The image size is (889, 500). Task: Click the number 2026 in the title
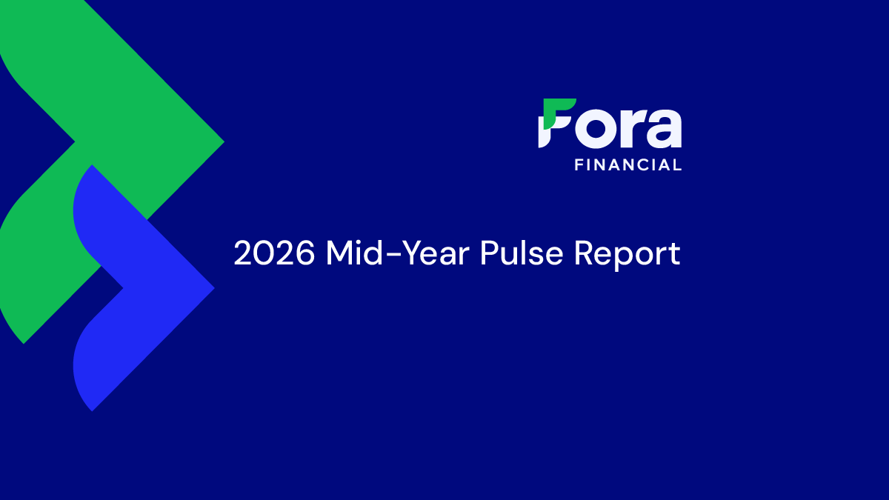[274, 253]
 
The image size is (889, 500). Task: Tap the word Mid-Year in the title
[398, 253]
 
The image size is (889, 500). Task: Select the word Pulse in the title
[522, 253]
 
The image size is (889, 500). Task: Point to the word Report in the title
[627, 255]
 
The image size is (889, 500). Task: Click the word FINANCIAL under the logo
[628, 164]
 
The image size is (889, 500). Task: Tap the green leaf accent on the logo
[558, 113]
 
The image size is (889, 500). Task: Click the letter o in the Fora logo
[598, 129]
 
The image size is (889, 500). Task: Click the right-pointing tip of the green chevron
[224, 141]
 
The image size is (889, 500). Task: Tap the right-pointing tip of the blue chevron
[214, 287]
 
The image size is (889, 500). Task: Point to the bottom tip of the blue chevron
[92, 410]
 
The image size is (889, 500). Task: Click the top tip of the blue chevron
[92, 165]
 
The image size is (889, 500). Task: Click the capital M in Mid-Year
[340, 253]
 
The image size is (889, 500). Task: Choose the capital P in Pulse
[490, 253]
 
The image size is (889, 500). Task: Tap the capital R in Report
[584, 253]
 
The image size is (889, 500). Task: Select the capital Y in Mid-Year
[403, 253]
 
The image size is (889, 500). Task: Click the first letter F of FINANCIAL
[579, 164]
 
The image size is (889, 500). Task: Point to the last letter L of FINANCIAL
[679, 164]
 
